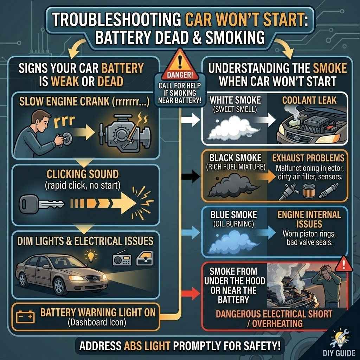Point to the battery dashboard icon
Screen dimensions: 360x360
coord(26,317)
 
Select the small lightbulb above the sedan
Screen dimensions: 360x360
coord(92,253)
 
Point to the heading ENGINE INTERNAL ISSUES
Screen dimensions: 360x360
coord(309,219)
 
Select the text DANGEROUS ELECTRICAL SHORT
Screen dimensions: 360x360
coord(274,314)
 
